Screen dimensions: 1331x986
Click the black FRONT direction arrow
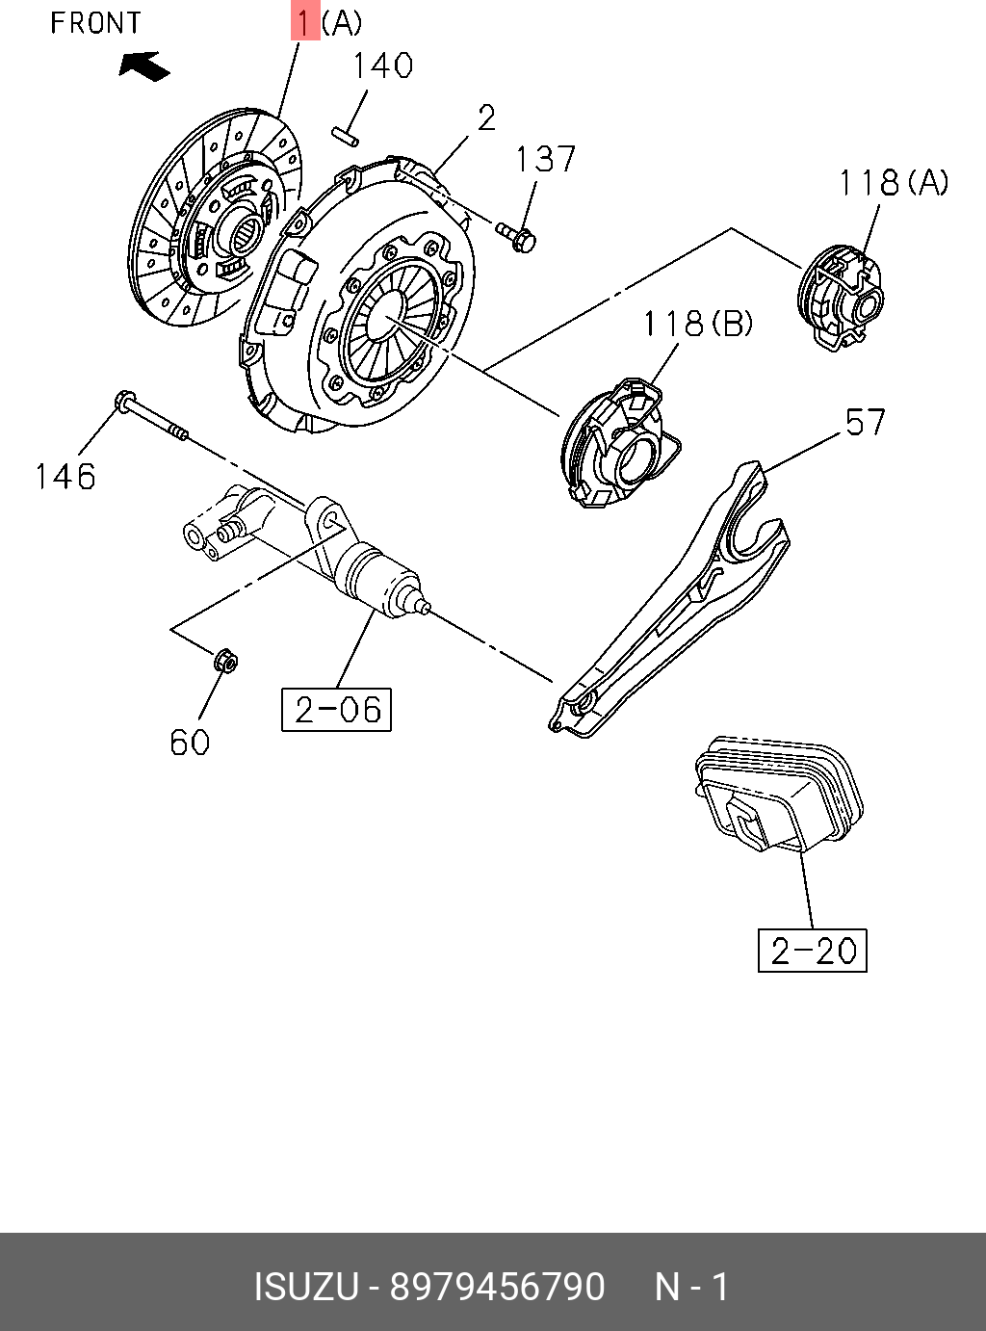point(144,65)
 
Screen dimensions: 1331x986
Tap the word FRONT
point(95,22)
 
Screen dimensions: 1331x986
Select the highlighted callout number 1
point(304,21)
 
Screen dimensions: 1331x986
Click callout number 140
point(381,65)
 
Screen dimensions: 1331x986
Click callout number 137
point(545,159)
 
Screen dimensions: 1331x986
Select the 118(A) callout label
point(893,182)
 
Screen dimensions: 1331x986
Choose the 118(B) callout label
point(697,324)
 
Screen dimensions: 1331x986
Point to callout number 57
point(865,422)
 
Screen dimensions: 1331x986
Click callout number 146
point(65,476)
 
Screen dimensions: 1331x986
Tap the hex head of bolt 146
point(124,402)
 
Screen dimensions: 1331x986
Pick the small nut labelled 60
point(226,662)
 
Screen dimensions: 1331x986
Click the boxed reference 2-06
point(336,710)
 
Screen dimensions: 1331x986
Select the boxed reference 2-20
point(813,951)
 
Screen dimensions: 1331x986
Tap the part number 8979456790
point(497,1287)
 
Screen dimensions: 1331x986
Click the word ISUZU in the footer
point(306,1287)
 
